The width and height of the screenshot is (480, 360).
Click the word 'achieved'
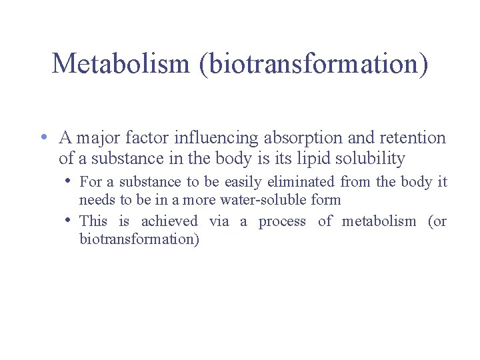[169, 221]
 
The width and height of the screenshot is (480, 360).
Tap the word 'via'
[219, 221]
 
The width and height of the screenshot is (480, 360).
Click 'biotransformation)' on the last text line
[139, 239]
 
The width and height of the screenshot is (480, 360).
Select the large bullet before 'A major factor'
[43, 137]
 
